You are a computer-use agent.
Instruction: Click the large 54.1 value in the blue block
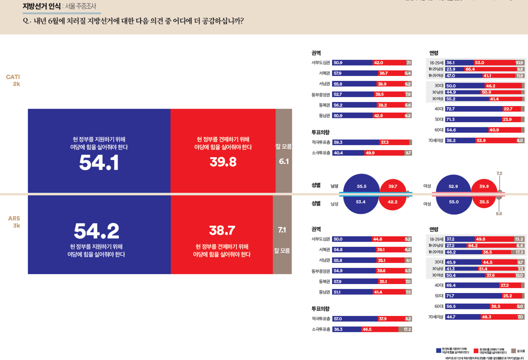pyautogui.click(x=99, y=163)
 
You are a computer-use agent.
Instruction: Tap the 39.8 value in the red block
pyautogui.click(x=222, y=162)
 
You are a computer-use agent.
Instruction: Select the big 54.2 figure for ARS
pyautogui.click(x=96, y=231)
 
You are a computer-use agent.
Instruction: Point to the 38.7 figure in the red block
pyautogui.click(x=222, y=230)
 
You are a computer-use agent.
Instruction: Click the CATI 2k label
pyautogui.click(x=13, y=80)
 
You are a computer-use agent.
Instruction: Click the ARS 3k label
pyautogui.click(x=14, y=222)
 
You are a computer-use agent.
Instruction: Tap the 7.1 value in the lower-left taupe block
pyautogui.click(x=282, y=230)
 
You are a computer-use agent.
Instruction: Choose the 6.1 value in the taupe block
pyautogui.click(x=283, y=161)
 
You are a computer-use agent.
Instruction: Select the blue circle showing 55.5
pyautogui.click(x=361, y=186)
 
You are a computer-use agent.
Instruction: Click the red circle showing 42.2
pyautogui.click(x=392, y=201)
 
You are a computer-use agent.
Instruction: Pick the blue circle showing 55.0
pyautogui.click(x=453, y=201)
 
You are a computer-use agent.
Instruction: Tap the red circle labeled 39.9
pyautogui.click(x=484, y=186)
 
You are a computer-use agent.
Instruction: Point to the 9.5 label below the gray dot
pyautogui.click(x=499, y=213)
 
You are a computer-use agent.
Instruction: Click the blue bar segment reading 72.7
pyautogui.click(x=473, y=108)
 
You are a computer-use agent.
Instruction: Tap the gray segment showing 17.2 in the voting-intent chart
pyautogui.click(x=405, y=329)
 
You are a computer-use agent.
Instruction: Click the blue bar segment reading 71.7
pyautogui.click(x=473, y=295)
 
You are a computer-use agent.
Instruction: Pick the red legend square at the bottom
pyautogui.click(x=475, y=350)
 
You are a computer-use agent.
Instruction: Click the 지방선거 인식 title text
pyautogui.click(x=41, y=6)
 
